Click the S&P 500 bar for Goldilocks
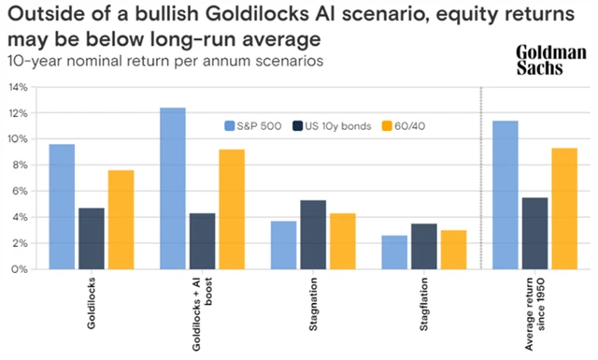click(62, 207)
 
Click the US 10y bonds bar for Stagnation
click(314, 235)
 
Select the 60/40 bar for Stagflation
click(452, 250)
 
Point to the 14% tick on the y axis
click(18, 87)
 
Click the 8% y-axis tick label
click(20, 165)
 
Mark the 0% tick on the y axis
click(20, 269)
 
